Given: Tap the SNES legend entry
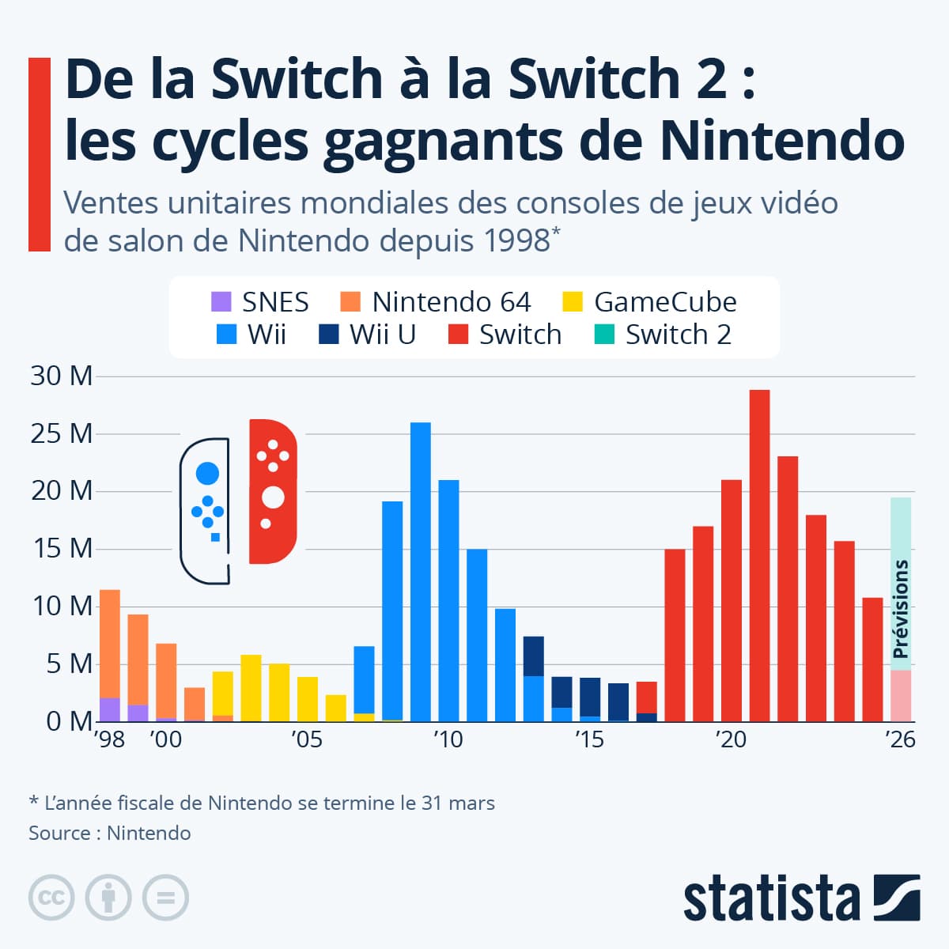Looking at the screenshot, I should [260, 302].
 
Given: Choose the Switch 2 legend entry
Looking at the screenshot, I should [663, 335].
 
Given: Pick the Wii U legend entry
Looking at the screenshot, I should [368, 335].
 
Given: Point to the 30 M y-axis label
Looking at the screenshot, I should [62, 376].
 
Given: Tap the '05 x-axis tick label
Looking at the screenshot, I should [306, 739].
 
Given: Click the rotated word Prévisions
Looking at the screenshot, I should [900, 609].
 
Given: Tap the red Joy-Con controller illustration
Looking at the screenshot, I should [272, 491].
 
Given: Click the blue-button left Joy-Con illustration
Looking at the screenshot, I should [206, 510].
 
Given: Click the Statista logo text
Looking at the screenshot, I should [771, 899].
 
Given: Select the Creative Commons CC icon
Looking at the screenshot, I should [51, 898].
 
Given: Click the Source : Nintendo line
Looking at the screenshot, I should [109, 833].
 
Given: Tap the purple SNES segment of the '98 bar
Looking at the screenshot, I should [109, 709].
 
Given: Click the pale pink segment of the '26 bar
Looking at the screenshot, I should [900, 696].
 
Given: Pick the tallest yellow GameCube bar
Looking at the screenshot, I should [251, 688].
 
